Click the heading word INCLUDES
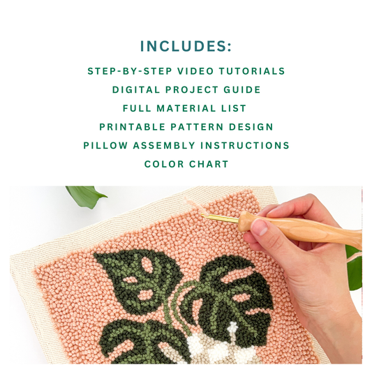tap(183, 46)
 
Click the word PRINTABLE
tap(133, 127)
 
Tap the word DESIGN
tap(250, 127)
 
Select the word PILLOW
tap(104, 145)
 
